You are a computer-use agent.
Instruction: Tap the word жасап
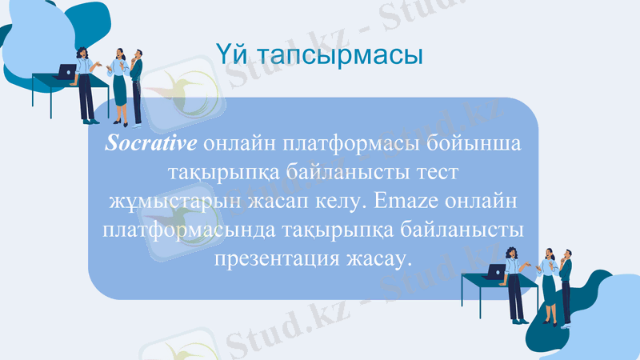(x=274, y=201)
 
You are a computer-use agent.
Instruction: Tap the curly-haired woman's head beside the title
(x=83, y=52)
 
